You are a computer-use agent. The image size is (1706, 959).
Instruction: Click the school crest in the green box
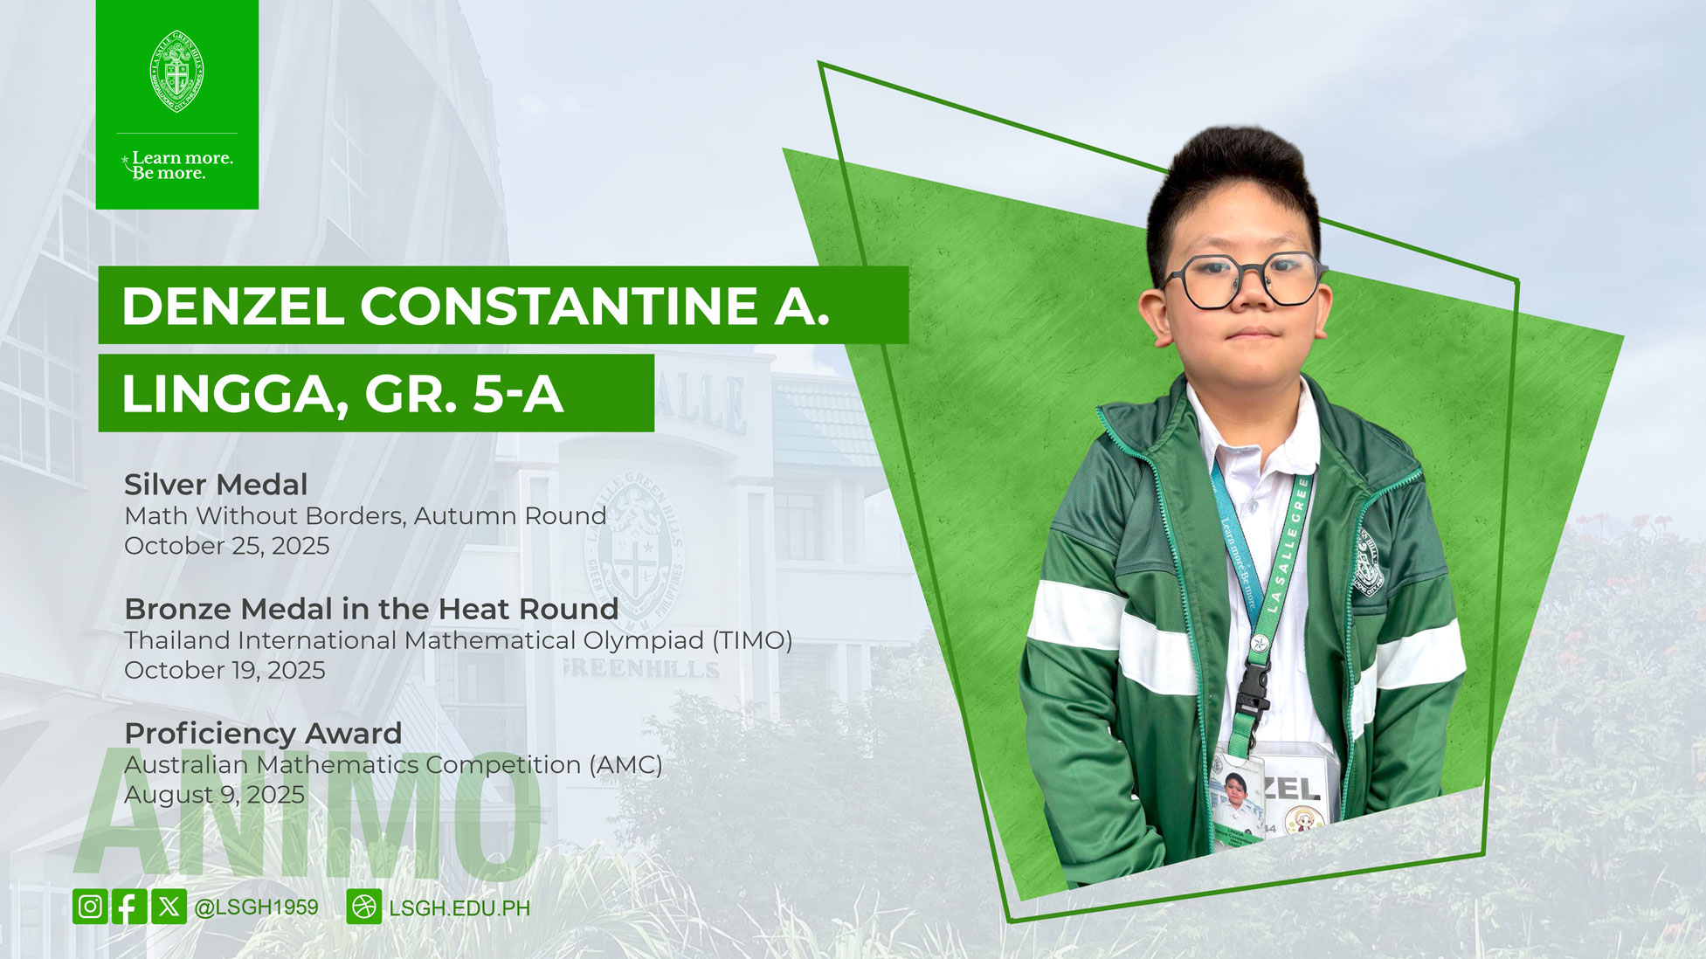coord(177,72)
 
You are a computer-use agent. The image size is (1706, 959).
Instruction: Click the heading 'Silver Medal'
coord(216,484)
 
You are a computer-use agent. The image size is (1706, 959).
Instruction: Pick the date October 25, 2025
coord(227,546)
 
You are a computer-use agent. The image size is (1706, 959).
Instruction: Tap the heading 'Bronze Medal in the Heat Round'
coord(371,608)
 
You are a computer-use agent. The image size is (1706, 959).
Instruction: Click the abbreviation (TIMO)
coord(752,640)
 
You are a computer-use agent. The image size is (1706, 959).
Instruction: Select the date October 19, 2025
coord(224,670)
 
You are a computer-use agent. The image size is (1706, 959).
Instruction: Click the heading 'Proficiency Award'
coord(263,733)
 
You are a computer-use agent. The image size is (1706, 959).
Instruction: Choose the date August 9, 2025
coord(214,795)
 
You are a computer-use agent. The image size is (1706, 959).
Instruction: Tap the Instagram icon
coord(90,907)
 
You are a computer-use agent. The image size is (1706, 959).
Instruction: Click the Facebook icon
coord(129,907)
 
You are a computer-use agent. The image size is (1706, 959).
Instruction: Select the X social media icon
coord(169,907)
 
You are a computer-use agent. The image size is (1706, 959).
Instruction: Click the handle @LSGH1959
coord(256,907)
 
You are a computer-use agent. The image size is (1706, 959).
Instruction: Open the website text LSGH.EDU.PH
coord(459,908)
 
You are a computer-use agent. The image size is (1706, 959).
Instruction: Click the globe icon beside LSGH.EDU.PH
coord(364,907)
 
